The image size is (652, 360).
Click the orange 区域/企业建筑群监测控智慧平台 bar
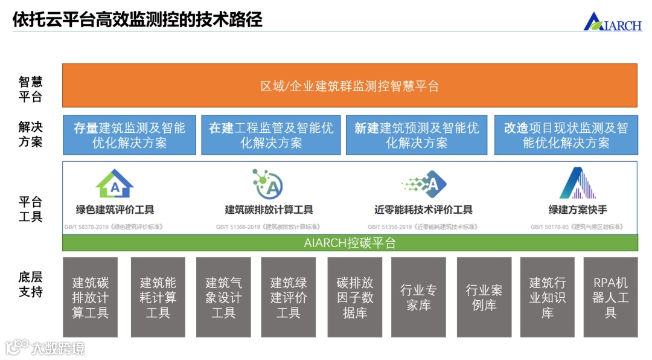350,86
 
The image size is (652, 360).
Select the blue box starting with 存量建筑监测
129,135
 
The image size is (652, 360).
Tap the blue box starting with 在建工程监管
271,135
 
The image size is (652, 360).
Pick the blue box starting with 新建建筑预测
417,135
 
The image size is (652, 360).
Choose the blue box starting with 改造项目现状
566,135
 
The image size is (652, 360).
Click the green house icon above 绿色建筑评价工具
114,184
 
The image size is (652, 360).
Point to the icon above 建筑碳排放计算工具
268,184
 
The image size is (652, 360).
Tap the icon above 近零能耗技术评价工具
424,184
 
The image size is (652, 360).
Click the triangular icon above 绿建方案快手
577,183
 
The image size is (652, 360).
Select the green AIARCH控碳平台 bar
350,243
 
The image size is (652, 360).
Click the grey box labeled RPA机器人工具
610,297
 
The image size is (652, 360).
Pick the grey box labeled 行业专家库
418,297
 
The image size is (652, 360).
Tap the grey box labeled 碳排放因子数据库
354,297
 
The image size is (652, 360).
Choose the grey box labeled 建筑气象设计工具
223,297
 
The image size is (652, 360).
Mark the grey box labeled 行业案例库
484,297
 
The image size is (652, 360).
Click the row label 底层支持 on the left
30,284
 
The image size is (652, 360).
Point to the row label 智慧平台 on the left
30,89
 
